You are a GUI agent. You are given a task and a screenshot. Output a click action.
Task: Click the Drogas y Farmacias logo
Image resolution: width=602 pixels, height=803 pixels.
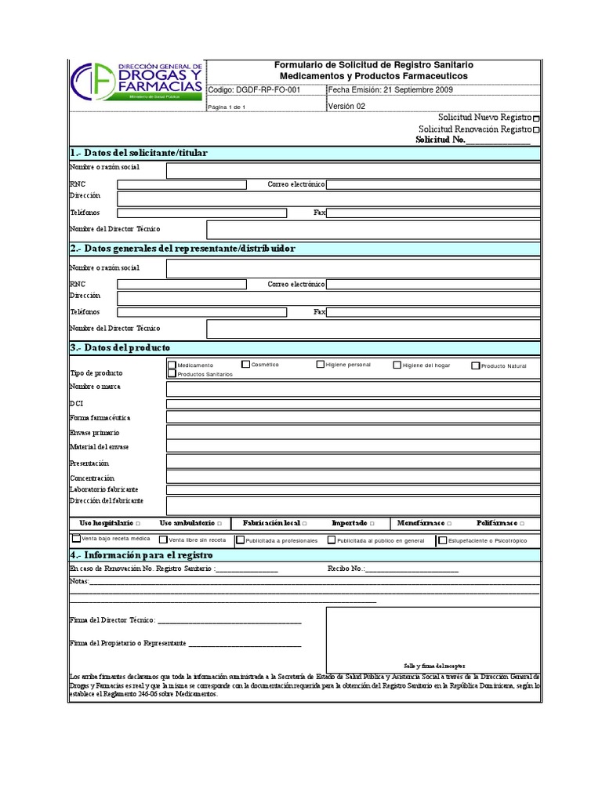tap(137, 82)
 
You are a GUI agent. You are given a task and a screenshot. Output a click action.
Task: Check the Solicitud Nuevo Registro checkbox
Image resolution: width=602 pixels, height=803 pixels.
tap(536, 118)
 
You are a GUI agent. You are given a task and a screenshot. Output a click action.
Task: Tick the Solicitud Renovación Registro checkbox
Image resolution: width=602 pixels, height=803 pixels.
tap(536, 130)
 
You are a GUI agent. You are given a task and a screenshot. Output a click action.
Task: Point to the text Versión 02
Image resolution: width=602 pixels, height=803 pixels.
tap(346, 107)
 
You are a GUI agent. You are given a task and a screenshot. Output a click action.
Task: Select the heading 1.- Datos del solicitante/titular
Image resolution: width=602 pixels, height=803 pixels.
tap(139, 153)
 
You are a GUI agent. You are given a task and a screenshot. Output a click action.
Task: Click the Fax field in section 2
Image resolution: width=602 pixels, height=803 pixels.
tap(433, 312)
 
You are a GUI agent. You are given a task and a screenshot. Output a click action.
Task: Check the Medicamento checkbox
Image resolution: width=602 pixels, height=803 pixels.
tap(172, 365)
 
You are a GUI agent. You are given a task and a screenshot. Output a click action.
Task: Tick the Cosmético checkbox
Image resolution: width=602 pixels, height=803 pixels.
tap(245, 364)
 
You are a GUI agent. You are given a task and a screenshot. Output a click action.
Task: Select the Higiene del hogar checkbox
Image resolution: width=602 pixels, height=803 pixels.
tap(397, 365)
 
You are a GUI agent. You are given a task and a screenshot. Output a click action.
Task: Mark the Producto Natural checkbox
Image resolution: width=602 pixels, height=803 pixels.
tap(475, 365)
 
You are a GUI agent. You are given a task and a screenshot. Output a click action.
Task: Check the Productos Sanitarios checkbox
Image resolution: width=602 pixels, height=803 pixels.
tap(172, 374)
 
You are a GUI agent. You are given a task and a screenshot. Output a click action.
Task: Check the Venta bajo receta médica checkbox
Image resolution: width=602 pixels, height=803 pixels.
tap(76, 540)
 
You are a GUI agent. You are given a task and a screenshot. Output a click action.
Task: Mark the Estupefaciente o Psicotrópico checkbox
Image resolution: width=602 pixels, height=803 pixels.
tap(443, 540)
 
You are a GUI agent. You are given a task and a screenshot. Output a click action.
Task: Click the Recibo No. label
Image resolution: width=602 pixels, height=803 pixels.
tap(346, 569)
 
